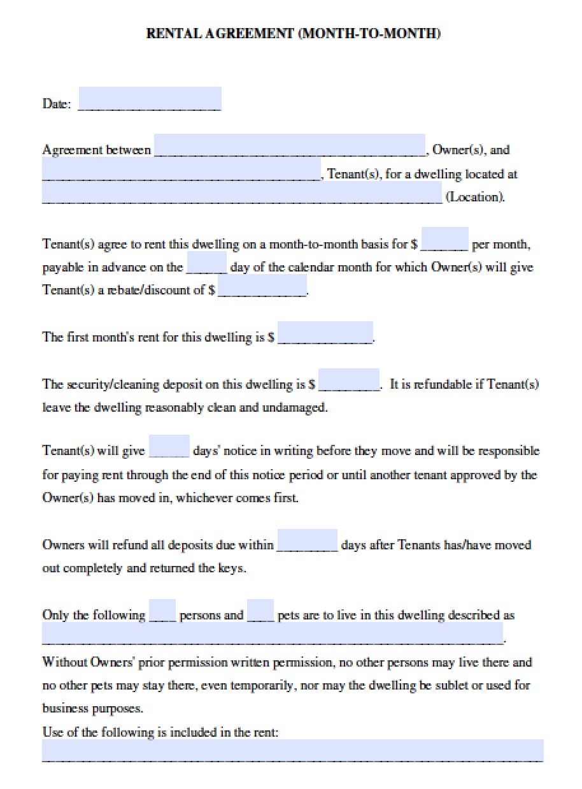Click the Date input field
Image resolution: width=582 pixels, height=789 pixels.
click(x=150, y=99)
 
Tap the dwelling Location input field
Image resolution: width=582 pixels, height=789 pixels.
click(x=242, y=192)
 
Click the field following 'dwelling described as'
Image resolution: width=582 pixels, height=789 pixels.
click(x=273, y=634)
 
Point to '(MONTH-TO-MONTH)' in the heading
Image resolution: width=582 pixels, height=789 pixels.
click(x=369, y=34)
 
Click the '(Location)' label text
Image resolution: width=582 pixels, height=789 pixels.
click(x=475, y=197)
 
